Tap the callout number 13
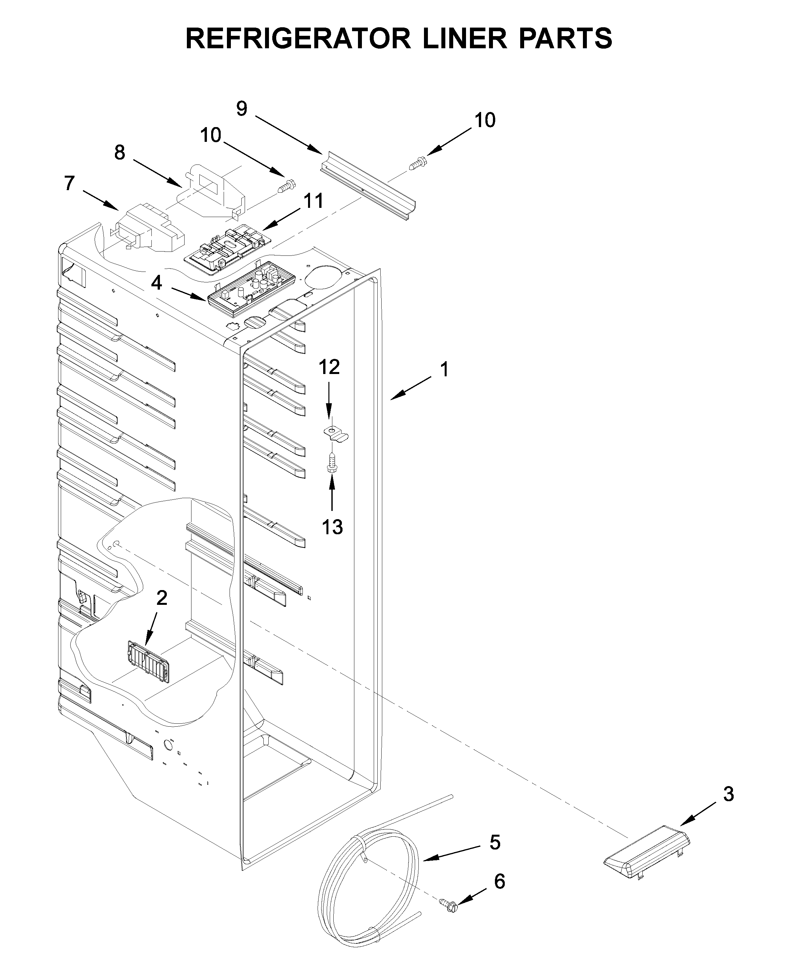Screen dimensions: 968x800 tap(332, 527)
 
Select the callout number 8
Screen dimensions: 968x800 tap(120, 152)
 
